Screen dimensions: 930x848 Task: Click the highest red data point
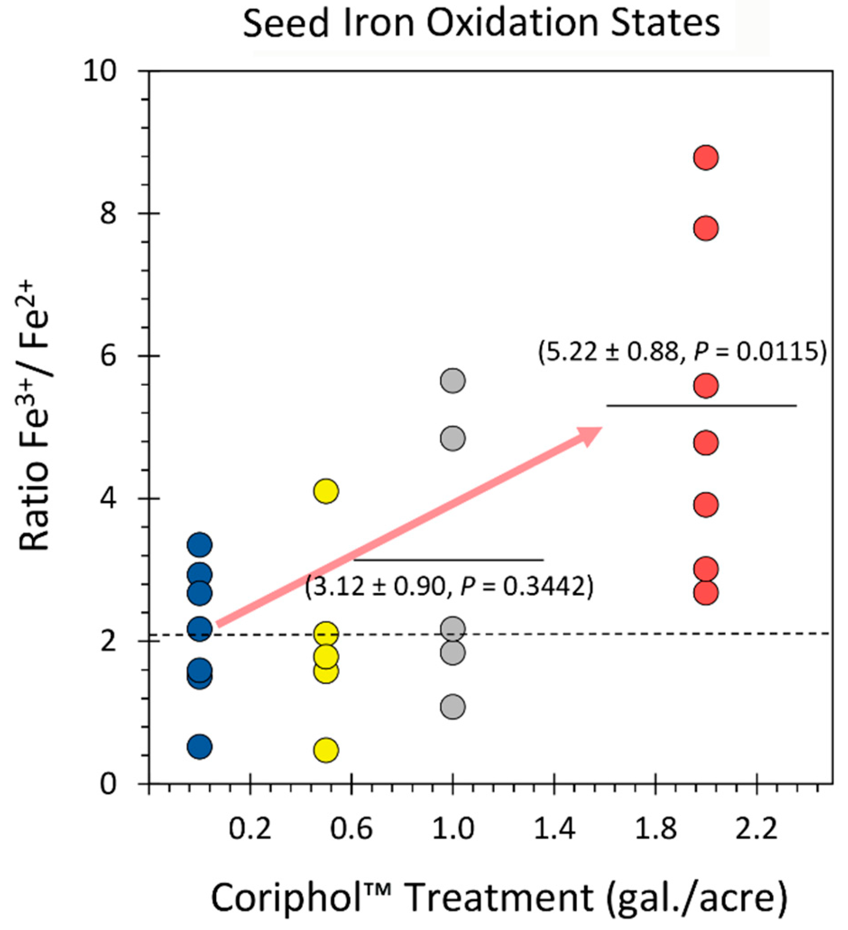tap(705, 157)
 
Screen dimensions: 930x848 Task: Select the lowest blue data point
tap(200, 746)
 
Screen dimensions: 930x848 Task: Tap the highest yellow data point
tap(326, 491)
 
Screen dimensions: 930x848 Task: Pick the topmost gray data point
tap(452, 381)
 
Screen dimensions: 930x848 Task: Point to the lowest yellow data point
tap(326, 750)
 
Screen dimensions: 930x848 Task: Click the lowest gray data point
tap(452, 706)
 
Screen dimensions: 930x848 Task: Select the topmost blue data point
tap(200, 544)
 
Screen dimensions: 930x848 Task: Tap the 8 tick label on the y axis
tap(108, 213)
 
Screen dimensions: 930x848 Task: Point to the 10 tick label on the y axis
tap(100, 71)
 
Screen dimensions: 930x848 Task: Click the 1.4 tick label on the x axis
tap(554, 829)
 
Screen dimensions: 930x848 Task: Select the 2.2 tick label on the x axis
tap(756, 829)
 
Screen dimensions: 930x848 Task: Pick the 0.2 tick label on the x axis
tap(250, 829)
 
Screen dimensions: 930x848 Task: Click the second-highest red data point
tap(705, 228)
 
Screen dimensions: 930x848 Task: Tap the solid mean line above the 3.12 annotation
tap(448, 559)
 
